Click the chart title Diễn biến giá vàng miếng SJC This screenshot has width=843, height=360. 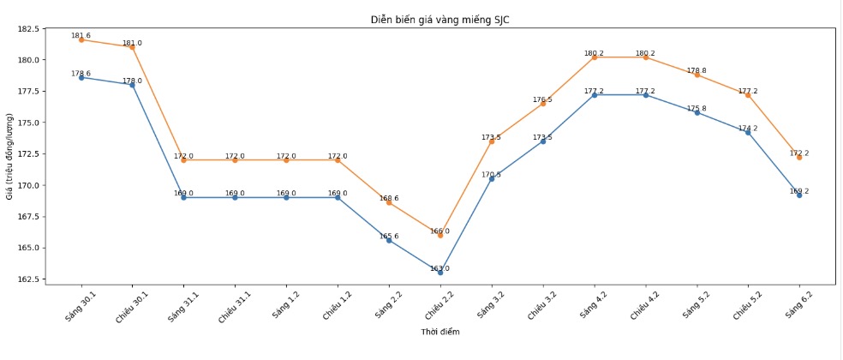[x=440, y=20]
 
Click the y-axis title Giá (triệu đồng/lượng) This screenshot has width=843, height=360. [x=9, y=156]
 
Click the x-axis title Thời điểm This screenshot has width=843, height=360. [x=440, y=332]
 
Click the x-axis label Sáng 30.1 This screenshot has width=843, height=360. [x=82, y=304]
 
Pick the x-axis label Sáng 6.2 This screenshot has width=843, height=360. [x=800, y=304]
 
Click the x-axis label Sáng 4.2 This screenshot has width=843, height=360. [x=595, y=304]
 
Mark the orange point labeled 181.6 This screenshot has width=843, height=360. [x=81, y=39]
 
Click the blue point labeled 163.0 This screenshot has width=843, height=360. [x=440, y=272]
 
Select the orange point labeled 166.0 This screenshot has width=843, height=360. [x=440, y=235]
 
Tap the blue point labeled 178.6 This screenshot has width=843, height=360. [x=81, y=77]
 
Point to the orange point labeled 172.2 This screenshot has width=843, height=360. [x=799, y=157]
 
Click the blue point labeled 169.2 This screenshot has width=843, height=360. [x=799, y=195]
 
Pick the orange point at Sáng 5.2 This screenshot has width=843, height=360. [x=697, y=75]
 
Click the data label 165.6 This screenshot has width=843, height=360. [x=389, y=236]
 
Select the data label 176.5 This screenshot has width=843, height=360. [x=542, y=99]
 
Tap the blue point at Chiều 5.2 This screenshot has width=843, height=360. [x=748, y=132]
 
